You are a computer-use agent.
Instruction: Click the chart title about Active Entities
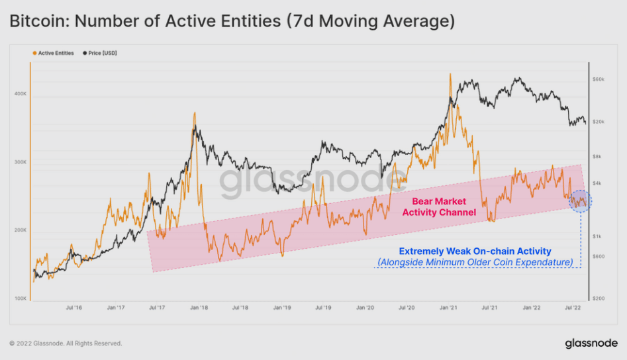coord(232,21)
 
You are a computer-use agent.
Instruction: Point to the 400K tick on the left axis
coord(21,94)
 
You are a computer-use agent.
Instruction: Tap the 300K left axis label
coord(21,162)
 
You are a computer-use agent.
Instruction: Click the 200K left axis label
coord(21,230)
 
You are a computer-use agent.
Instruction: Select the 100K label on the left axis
coord(21,298)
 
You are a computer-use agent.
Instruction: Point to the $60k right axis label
coord(598,79)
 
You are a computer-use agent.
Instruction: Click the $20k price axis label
coord(598,122)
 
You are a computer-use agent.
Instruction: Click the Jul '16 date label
coord(73,308)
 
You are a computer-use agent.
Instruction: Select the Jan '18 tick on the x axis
coord(199,308)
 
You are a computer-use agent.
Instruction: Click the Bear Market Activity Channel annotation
coord(439,206)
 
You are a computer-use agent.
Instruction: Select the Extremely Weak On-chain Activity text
coord(475,251)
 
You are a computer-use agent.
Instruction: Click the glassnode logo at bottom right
coord(591,343)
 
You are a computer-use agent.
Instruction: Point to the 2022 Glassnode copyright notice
coord(66,343)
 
